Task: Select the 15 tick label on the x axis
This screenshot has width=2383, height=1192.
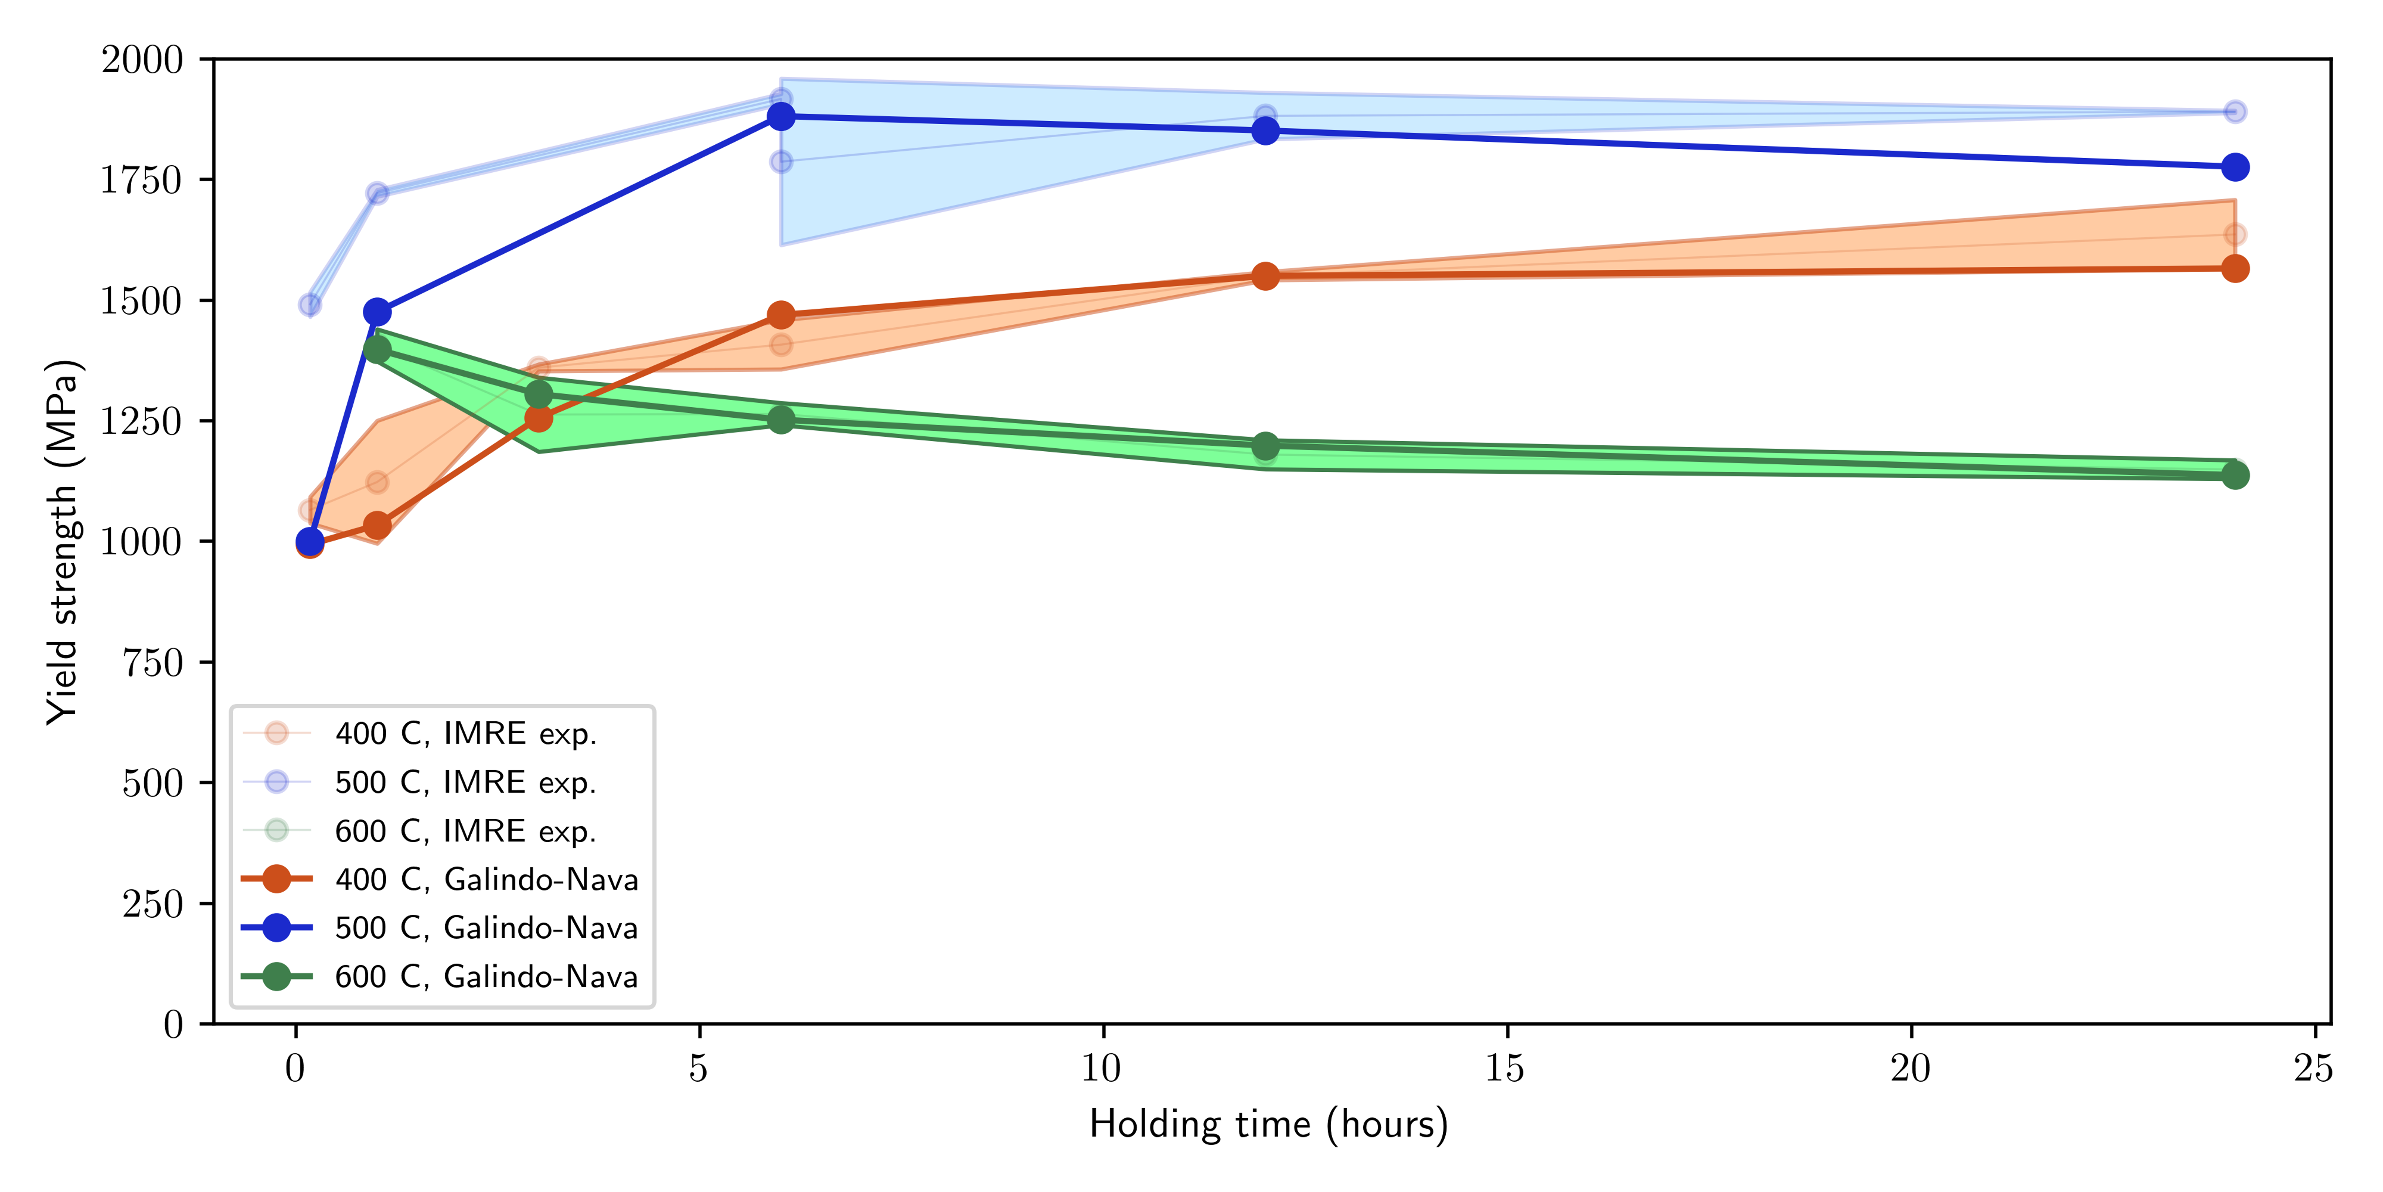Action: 1506,1069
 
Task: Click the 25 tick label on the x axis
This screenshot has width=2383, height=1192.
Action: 2314,1069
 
